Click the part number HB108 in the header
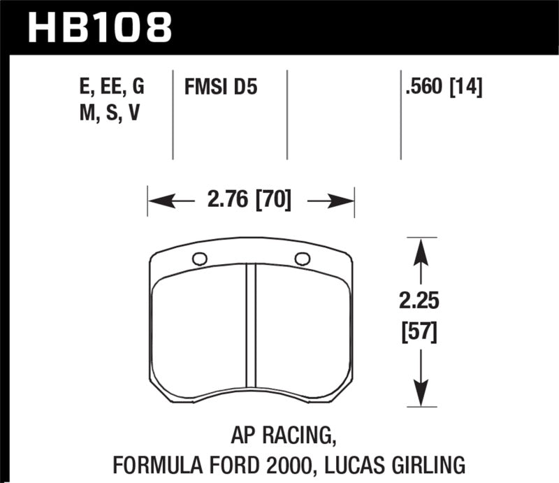[99, 28]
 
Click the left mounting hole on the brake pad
[199, 259]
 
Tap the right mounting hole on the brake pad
[303, 259]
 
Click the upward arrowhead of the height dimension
[419, 249]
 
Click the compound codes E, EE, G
[112, 89]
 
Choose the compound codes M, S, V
[109, 114]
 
